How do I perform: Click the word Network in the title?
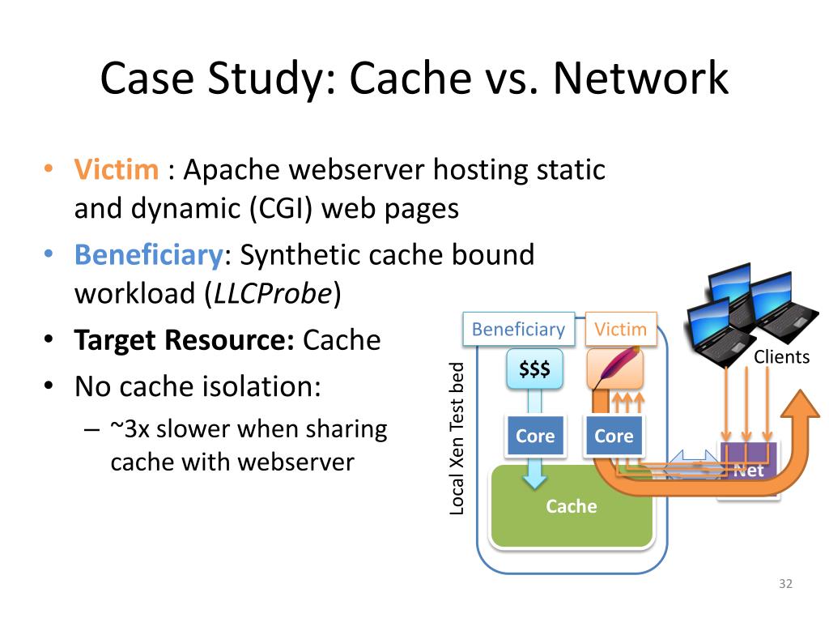(x=641, y=78)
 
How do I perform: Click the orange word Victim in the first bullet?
(x=117, y=170)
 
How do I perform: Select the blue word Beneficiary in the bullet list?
(x=149, y=255)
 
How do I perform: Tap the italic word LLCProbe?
(x=272, y=293)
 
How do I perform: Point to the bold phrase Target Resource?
(x=185, y=340)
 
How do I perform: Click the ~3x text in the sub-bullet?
(x=130, y=429)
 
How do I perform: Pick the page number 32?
(x=785, y=583)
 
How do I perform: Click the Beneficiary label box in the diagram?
(x=519, y=330)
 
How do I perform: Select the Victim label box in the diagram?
(x=621, y=330)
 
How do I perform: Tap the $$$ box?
(x=534, y=369)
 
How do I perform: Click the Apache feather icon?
(x=615, y=368)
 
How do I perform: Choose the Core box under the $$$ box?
(x=536, y=436)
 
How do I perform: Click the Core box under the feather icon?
(x=614, y=436)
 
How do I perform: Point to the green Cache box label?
(x=572, y=506)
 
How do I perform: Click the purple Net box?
(x=749, y=461)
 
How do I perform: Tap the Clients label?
(x=781, y=357)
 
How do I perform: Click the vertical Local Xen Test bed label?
(x=457, y=438)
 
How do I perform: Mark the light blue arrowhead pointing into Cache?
(x=534, y=479)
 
